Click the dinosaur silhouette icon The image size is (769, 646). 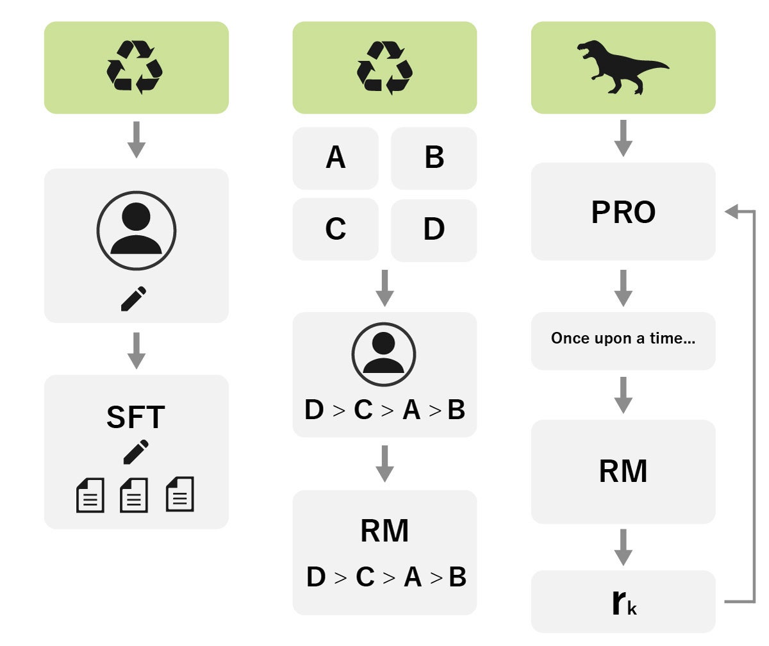coord(622,67)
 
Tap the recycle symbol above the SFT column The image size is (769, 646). coord(135,67)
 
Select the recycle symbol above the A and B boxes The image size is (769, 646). coord(384,67)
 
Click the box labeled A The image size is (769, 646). coord(335,158)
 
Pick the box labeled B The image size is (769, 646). coord(434,158)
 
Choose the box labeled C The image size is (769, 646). coord(335,229)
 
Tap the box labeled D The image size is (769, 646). coord(434,229)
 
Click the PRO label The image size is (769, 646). coord(623,213)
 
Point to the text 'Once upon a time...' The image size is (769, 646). coord(623,339)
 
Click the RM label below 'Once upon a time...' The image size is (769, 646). coord(623,471)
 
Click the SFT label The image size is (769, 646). coord(136,417)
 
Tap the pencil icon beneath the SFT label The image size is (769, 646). coord(136,452)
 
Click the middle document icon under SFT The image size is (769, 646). coord(134,495)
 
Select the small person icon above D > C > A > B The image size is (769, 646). coord(384,354)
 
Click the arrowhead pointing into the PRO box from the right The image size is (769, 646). coord(730,211)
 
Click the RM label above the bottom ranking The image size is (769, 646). coord(384,531)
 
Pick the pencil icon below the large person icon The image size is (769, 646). coord(133,299)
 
